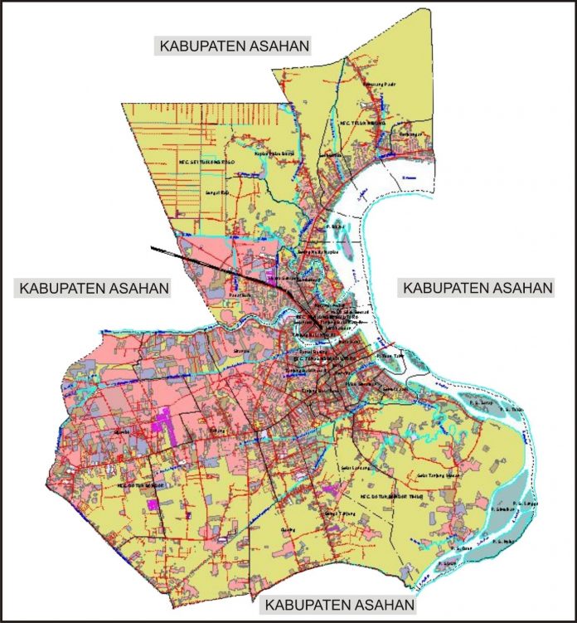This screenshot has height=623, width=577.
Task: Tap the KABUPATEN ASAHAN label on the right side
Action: tap(477, 288)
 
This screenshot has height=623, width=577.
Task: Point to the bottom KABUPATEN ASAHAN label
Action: tap(336, 604)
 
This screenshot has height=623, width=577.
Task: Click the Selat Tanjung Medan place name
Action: tap(443, 475)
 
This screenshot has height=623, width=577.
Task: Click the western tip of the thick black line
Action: tap(151, 247)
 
